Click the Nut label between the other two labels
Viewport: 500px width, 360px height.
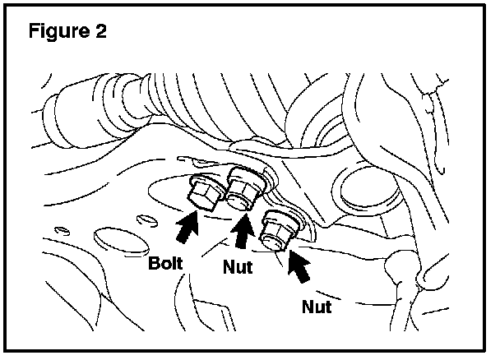tap(237, 267)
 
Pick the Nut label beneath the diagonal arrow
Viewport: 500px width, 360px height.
tap(317, 307)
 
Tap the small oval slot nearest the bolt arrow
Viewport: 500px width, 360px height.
tap(146, 219)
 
